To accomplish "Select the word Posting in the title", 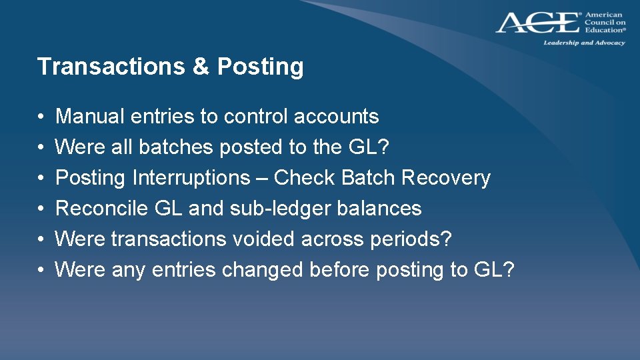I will point(261,67).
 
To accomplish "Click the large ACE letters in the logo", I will point(537,24).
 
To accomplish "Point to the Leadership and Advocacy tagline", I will point(584,43).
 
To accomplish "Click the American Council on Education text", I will point(605,22).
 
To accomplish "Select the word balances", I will point(379,209).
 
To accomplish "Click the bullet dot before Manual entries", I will point(41,117).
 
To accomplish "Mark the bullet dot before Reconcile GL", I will point(41,209).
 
